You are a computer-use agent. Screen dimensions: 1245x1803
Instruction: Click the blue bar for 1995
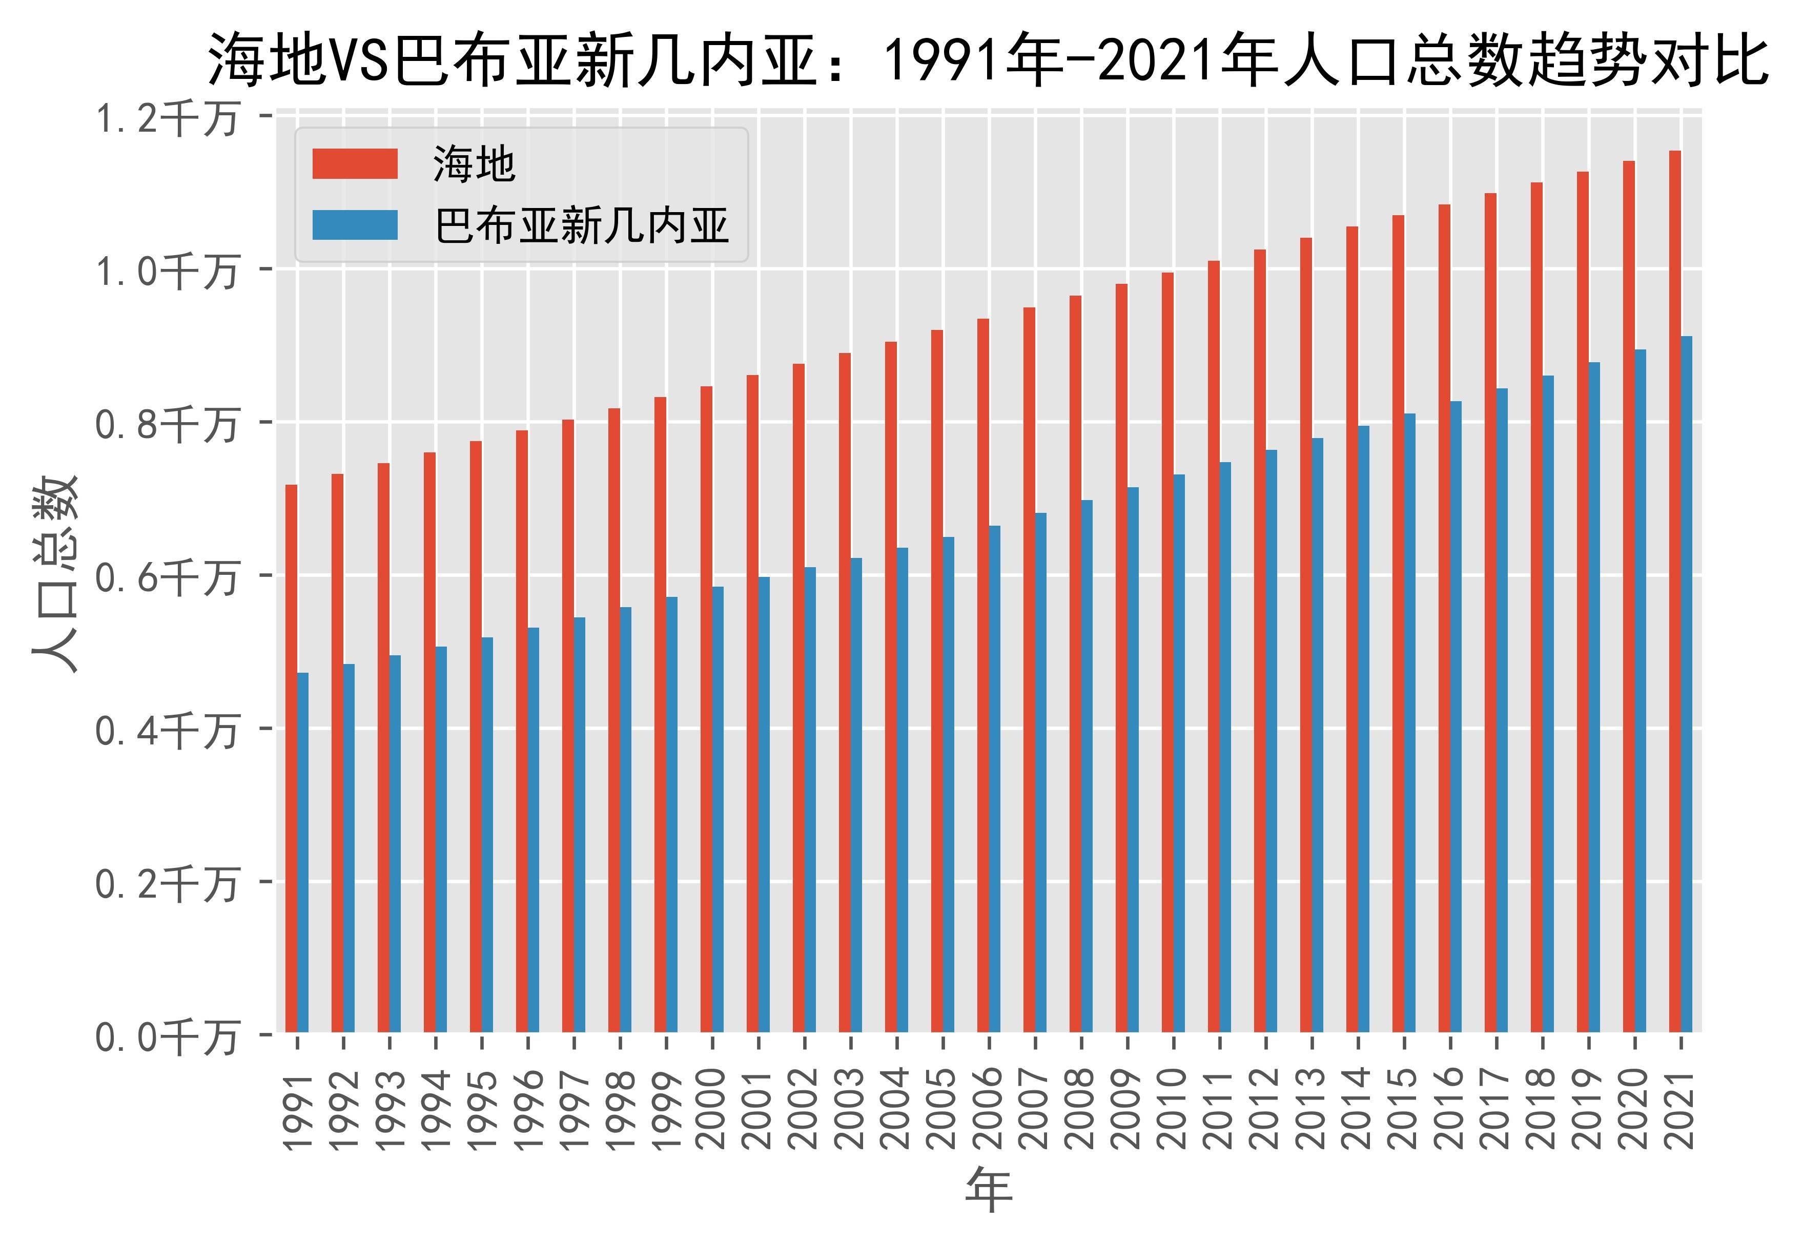click(x=487, y=835)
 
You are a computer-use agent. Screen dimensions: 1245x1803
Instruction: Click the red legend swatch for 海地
click(x=355, y=164)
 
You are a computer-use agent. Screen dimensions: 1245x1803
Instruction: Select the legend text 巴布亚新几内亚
click(x=581, y=226)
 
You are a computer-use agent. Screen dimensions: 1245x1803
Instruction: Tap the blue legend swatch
click(x=355, y=225)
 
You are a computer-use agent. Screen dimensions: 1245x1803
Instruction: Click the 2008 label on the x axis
click(x=1080, y=1108)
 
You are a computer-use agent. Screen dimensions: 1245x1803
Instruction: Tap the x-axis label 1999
click(x=666, y=1108)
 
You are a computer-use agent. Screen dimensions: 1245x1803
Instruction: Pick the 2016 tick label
click(x=1449, y=1108)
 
